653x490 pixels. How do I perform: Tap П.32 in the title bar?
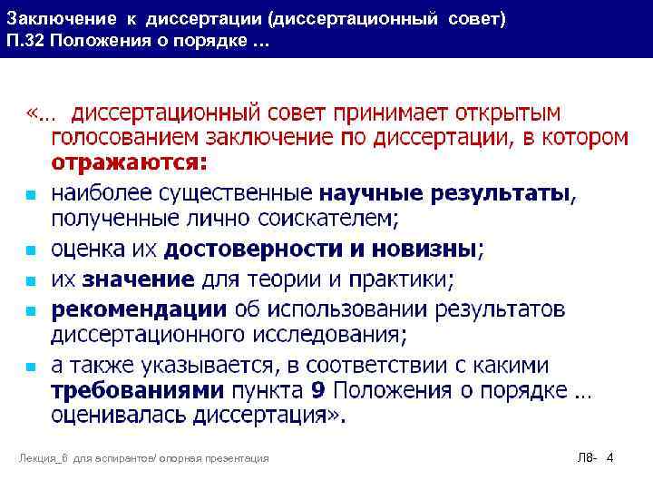tap(24, 42)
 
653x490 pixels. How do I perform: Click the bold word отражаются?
tap(128, 162)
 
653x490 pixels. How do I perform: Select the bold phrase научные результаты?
tap(446, 193)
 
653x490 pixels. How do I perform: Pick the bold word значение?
tap(136, 278)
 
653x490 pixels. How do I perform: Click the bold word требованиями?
tap(137, 391)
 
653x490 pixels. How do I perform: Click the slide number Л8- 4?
tap(596, 459)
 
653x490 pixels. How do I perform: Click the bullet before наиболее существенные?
tap(30, 195)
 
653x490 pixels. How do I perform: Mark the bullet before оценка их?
tap(30, 250)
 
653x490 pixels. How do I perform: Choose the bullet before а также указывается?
tap(30, 367)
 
